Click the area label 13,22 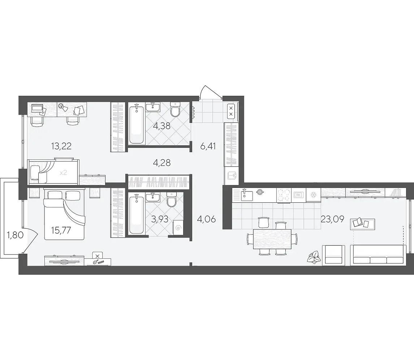[x=61, y=146]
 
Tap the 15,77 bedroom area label [x=61, y=230]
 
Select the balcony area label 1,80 [x=16, y=235]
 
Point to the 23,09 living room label [x=332, y=219]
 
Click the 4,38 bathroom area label [x=162, y=126]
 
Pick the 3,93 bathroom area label [x=160, y=219]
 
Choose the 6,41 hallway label [x=208, y=146]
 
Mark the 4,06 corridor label [x=207, y=219]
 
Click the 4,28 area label [x=162, y=163]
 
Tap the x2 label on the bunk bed [x=63, y=173]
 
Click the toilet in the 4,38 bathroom [x=175, y=110]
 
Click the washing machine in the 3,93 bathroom [x=178, y=227]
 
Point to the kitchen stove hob [x=284, y=195]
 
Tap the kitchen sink [x=247, y=195]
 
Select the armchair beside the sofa [x=333, y=254]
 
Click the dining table [x=272, y=239]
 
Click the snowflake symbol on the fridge [x=314, y=195]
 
